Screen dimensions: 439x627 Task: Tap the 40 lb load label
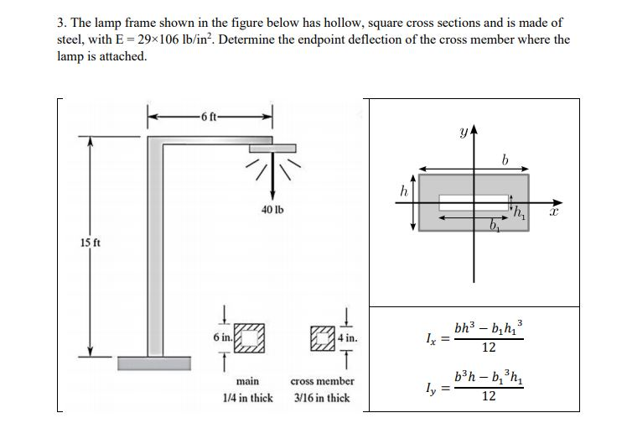coord(271,208)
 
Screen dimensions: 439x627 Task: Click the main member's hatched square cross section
coord(248,337)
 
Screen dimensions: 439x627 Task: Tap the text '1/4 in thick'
coord(246,398)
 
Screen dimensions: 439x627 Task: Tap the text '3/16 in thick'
coord(322,398)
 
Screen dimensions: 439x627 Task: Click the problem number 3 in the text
coord(60,23)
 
